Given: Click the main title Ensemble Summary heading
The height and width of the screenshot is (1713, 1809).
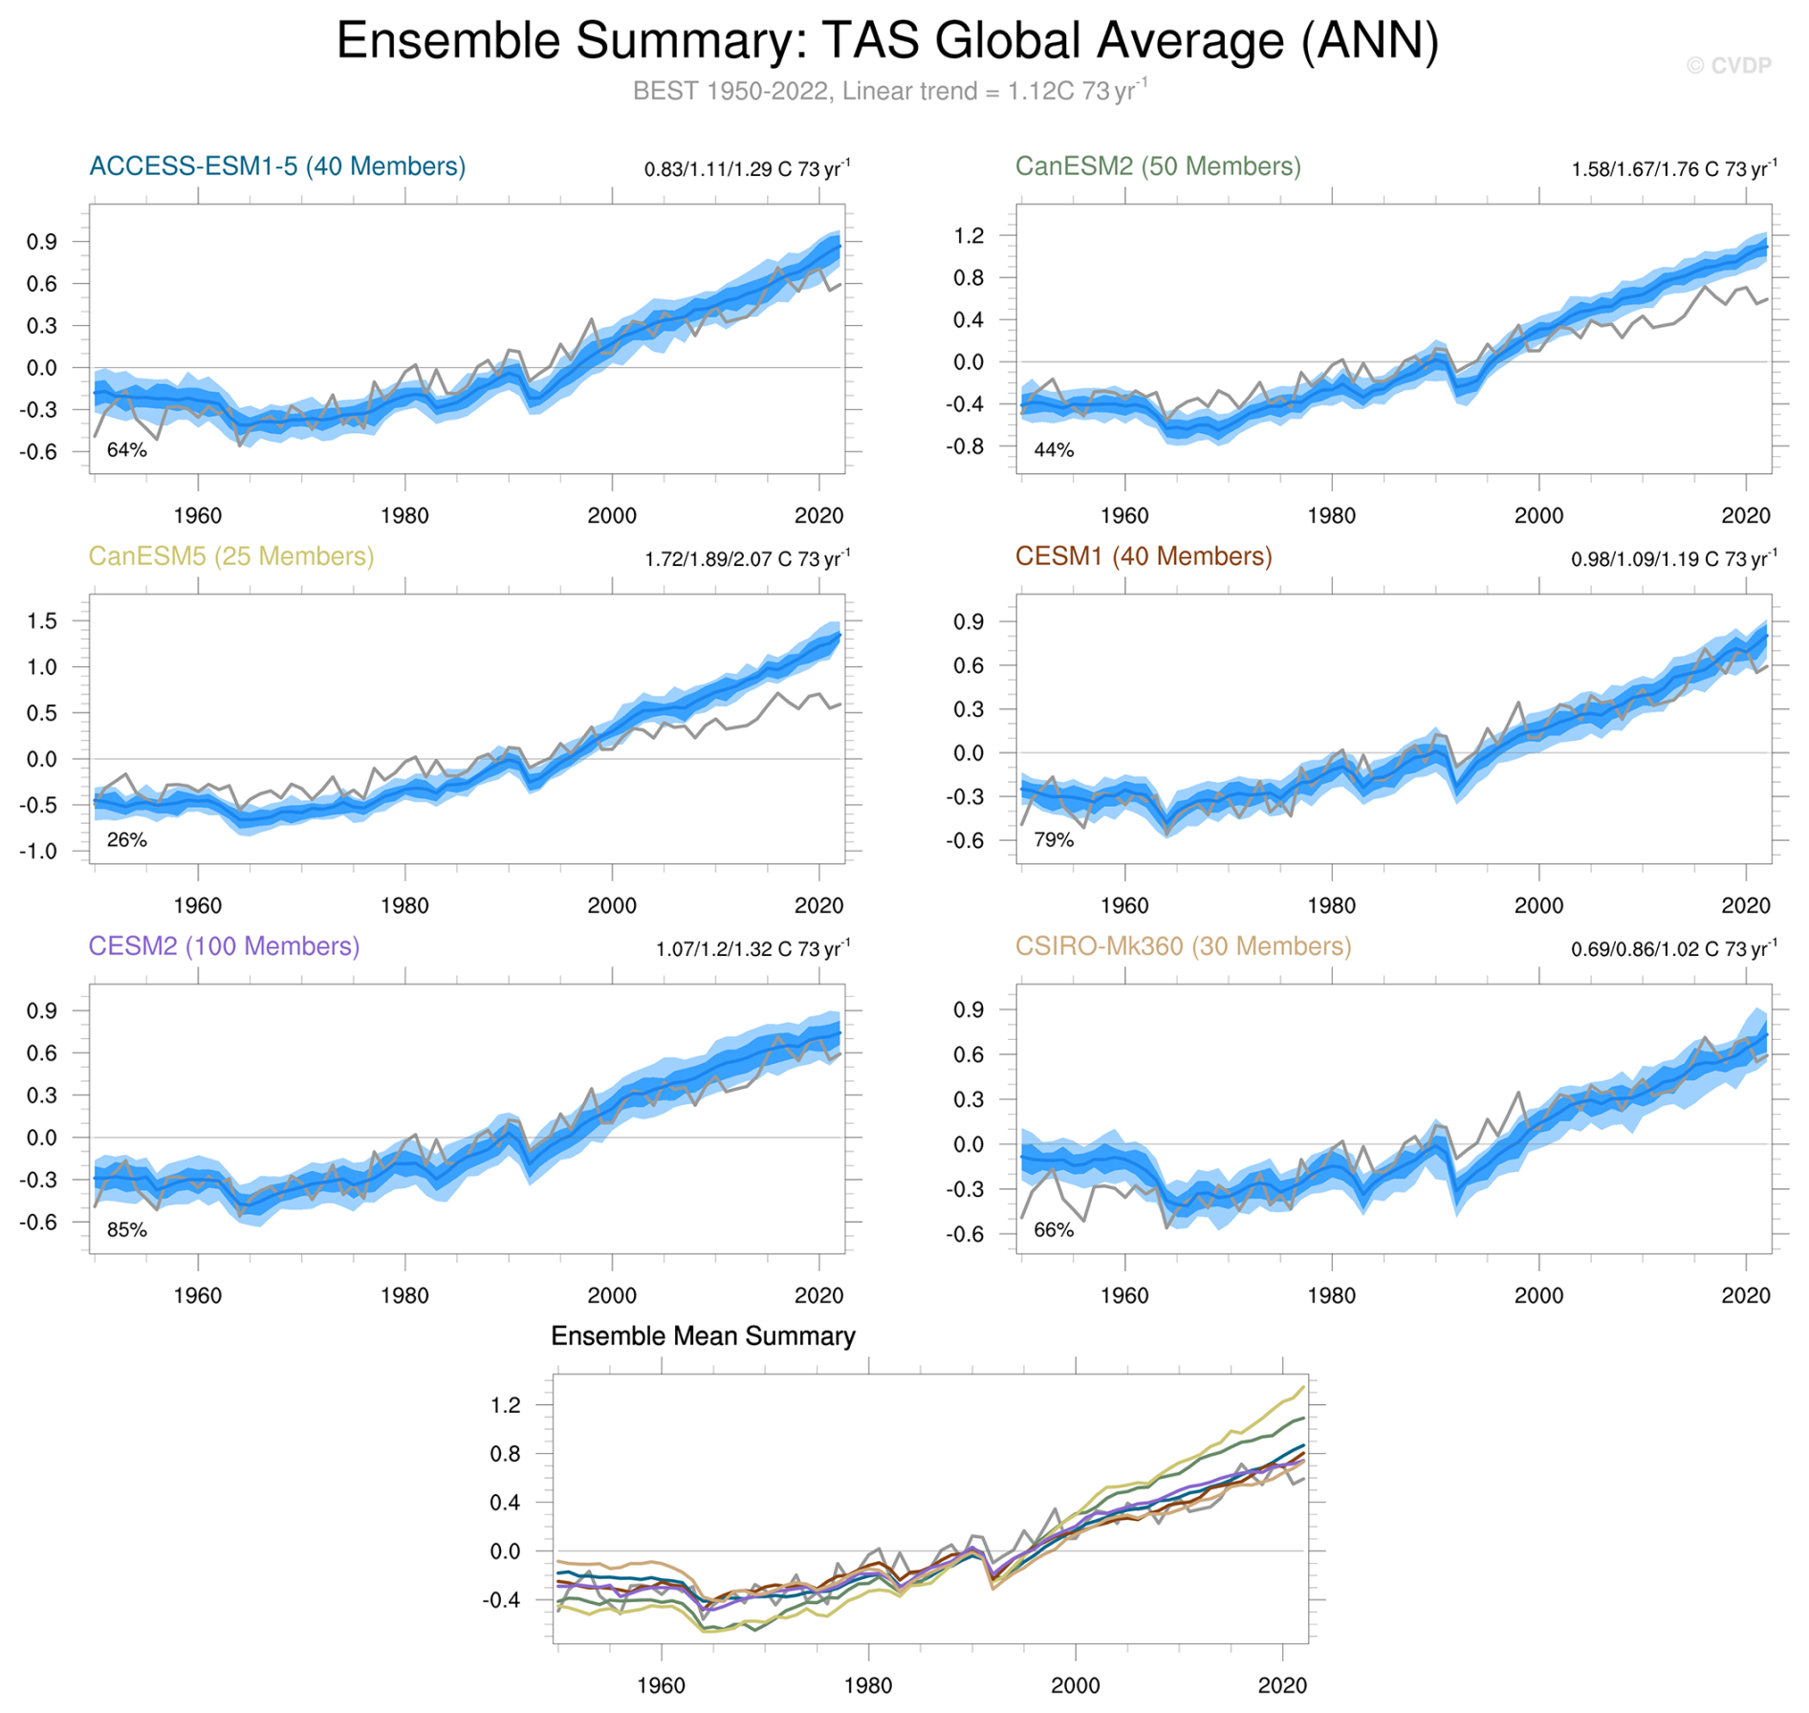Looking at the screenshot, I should click(x=887, y=41).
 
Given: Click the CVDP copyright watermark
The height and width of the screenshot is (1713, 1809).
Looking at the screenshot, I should click(x=1729, y=65).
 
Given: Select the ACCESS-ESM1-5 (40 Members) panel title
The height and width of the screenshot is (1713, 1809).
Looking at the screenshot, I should click(x=277, y=166).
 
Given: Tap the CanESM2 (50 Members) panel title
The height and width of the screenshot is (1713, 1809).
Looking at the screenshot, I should click(x=1158, y=166).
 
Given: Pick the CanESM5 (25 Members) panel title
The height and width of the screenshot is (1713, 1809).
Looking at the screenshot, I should click(x=231, y=556).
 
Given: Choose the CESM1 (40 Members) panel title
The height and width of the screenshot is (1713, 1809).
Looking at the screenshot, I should click(x=1144, y=556).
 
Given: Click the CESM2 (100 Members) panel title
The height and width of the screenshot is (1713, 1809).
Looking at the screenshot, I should click(x=224, y=946).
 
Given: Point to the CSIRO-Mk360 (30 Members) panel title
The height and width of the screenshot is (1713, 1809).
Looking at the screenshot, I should click(x=1183, y=946).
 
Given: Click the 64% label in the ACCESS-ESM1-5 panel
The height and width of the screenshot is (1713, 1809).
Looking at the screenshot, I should click(x=126, y=450).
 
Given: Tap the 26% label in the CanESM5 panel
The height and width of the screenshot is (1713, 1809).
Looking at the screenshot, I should click(x=126, y=840).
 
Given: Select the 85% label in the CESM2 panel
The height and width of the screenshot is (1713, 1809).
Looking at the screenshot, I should click(x=126, y=1230).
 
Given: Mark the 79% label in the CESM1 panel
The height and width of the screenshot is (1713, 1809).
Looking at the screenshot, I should click(x=1054, y=840).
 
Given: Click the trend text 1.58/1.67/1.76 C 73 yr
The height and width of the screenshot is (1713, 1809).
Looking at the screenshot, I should click(x=1673, y=169).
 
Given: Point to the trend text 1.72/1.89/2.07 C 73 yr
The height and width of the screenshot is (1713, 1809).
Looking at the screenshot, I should click(x=747, y=559).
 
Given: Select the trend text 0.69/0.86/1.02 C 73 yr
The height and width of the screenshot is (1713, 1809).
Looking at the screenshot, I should click(x=1673, y=949).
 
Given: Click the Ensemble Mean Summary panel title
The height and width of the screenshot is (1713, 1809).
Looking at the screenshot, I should click(x=703, y=1336).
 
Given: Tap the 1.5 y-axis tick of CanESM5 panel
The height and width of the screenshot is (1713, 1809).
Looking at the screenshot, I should click(x=42, y=621).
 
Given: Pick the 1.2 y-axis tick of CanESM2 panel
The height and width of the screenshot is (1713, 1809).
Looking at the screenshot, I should click(x=969, y=236).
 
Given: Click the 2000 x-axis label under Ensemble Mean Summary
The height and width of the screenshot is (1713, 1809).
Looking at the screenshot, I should click(x=1075, y=1685).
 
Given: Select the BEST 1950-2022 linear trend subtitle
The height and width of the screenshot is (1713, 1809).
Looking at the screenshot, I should click(x=889, y=92).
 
